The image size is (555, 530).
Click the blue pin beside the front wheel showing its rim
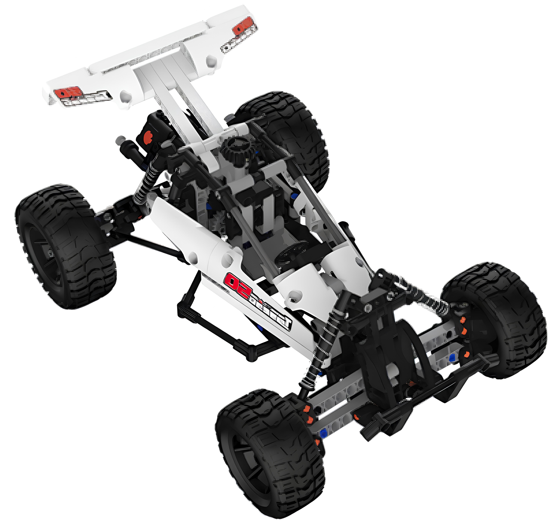point(323,432)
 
